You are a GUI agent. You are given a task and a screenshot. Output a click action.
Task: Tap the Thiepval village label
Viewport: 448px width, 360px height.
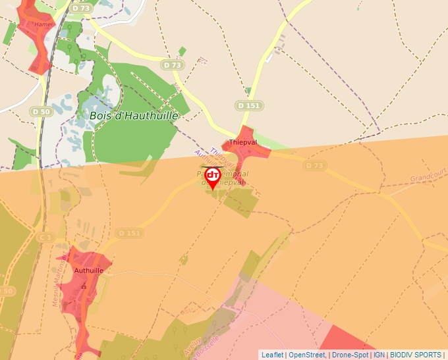(242, 142)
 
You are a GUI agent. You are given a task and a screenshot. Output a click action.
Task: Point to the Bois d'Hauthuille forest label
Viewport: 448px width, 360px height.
(134, 116)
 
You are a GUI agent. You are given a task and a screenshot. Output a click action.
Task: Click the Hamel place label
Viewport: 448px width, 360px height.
(43, 24)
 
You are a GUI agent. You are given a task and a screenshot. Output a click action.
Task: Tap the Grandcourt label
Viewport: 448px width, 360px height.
(428, 178)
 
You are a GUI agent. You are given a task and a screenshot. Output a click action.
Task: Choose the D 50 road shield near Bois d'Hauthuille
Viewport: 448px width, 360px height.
(41, 112)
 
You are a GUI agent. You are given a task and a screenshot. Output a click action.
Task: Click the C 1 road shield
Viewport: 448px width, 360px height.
(45, 237)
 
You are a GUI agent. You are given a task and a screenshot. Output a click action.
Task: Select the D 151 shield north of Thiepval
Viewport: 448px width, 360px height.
(249, 105)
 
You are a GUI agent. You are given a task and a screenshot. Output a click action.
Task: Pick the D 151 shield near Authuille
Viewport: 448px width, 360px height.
(130, 233)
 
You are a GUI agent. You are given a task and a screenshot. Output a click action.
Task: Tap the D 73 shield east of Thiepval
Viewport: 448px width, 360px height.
(316, 166)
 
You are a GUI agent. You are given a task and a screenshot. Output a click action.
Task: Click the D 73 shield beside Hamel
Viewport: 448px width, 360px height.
(81, 9)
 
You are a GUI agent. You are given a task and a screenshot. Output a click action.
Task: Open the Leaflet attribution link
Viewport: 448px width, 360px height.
(273, 355)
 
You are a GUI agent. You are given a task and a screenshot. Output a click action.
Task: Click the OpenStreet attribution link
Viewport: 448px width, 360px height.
(307, 355)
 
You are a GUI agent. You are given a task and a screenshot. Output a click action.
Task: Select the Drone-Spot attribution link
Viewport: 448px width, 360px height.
(350, 355)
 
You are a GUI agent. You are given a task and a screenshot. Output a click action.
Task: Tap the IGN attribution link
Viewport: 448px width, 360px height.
(379, 355)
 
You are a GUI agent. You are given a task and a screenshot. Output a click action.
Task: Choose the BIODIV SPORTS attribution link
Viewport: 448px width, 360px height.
(416, 355)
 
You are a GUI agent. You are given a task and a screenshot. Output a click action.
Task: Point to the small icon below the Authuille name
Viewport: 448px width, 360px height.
(83, 287)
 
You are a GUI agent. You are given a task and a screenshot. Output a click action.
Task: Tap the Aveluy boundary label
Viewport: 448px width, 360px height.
(191, 346)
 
